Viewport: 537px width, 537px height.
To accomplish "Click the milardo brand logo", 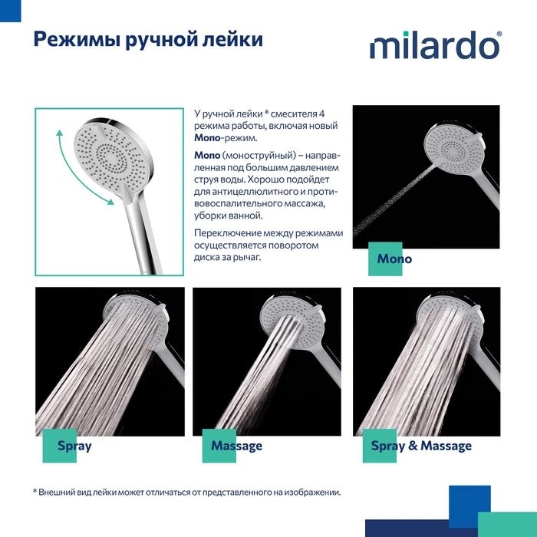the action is [x=434, y=45].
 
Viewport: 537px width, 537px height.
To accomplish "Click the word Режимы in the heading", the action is [x=77, y=40].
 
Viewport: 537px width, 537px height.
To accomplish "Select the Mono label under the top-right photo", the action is [x=394, y=259].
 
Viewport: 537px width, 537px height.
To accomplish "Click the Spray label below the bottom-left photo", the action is [x=74, y=446].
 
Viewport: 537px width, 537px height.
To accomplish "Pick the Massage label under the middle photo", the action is [x=236, y=446].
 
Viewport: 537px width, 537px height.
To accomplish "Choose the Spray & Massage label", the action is [x=421, y=446].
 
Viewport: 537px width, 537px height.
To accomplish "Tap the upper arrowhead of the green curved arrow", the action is [x=60, y=133].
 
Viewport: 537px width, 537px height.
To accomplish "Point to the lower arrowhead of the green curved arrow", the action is [x=110, y=201].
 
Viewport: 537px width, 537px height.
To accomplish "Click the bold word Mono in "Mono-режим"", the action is [x=207, y=137].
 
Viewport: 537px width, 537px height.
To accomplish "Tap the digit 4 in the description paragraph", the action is [x=321, y=114].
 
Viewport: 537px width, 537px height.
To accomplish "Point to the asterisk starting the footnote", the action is [x=35, y=492].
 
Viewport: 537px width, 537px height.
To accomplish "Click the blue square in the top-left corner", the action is [x=10, y=11].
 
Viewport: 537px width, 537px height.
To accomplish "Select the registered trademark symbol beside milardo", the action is [x=499, y=34].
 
